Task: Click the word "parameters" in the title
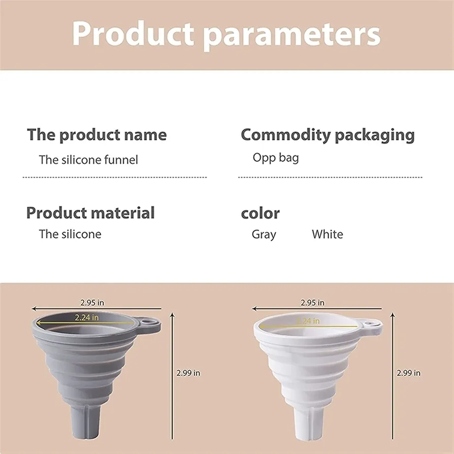[x=291, y=35]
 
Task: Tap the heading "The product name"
[x=96, y=135]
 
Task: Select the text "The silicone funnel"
[x=88, y=160]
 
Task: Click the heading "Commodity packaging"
[x=328, y=135]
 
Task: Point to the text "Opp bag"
[x=276, y=158]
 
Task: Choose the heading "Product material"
[x=90, y=213]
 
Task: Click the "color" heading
[x=261, y=214]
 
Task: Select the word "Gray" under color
[x=264, y=234]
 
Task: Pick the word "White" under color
[x=328, y=234]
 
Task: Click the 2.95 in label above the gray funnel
[x=92, y=303]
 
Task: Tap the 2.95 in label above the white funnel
[x=312, y=303]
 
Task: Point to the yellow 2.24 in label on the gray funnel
[x=86, y=317]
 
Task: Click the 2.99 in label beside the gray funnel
[x=188, y=373]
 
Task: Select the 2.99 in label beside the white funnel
[x=408, y=373]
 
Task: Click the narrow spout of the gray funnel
[x=86, y=422]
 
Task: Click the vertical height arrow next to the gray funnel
[x=173, y=376]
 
